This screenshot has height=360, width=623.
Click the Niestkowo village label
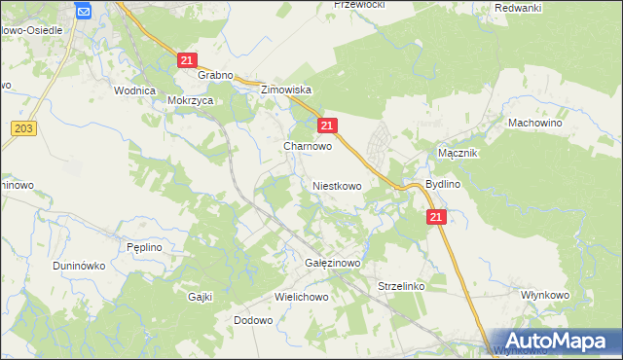pyautogui.click(x=337, y=185)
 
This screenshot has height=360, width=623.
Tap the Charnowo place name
pyautogui.click(x=308, y=146)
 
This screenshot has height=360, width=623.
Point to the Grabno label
pyautogui.click(x=215, y=75)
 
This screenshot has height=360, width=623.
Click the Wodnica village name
pyautogui.click(x=135, y=90)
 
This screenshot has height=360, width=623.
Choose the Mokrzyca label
pyautogui.click(x=190, y=99)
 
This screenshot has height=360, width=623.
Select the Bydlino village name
pyautogui.click(x=443, y=184)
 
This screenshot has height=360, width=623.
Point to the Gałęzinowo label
pyautogui.click(x=334, y=263)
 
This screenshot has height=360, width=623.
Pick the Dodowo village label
pyautogui.click(x=253, y=320)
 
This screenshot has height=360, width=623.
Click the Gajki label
pyautogui.click(x=201, y=297)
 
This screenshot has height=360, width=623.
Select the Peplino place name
pyautogui.click(x=144, y=248)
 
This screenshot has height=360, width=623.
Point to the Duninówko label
pyautogui.click(x=79, y=265)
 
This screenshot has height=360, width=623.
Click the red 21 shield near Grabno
pyautogui.click(x=189, y=60)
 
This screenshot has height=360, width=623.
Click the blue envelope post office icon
pyautogui.click(x=83, y=12)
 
